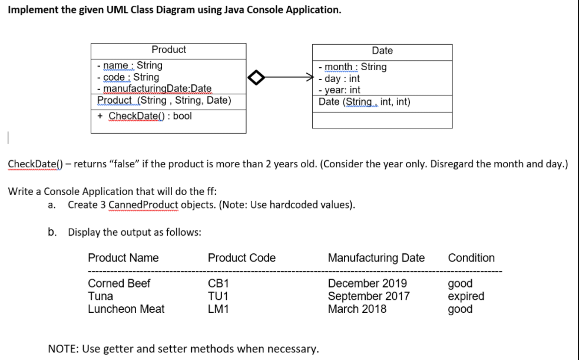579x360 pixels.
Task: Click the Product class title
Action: click(168, 50)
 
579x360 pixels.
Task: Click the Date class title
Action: click(382, 51)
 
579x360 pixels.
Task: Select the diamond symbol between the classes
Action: click(260, 77)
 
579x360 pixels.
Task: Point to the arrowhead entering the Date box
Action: click(310, 77)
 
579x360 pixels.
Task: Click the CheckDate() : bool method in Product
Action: click(150, 115)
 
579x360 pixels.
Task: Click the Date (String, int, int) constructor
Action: click(364, 102)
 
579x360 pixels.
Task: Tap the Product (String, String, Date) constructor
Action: click(164, 100)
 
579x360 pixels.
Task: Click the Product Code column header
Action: click(241, 258)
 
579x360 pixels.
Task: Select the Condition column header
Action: click(471, 258)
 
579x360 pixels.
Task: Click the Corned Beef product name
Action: click(119, 283)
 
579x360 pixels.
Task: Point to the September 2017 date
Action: click(369, 296)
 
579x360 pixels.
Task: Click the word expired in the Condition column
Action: click(466, 296)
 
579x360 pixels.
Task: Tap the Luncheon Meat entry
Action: click(126, 308)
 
